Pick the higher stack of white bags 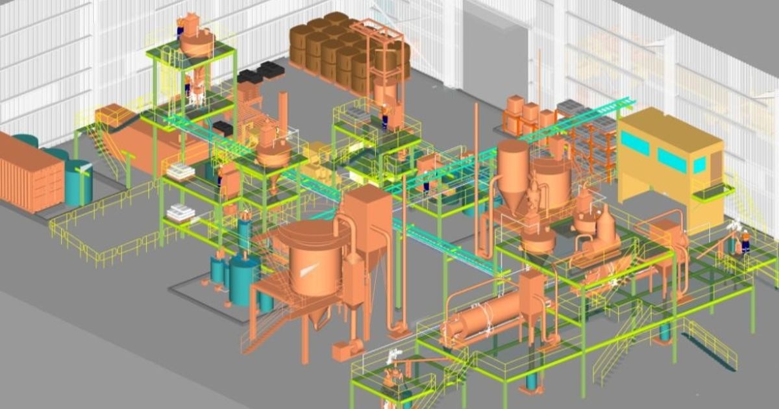pyautogui.click(x=181, y=171)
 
